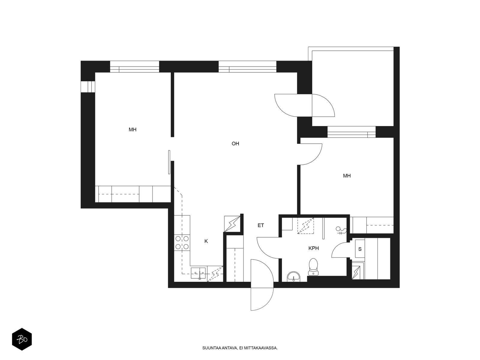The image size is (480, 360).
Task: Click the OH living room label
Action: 235,144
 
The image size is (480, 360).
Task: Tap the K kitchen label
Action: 206,241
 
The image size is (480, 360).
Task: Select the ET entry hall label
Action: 261,225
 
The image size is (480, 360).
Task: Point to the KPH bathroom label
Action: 313,248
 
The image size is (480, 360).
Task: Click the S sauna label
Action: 360,249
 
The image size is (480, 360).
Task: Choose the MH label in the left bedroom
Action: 133,130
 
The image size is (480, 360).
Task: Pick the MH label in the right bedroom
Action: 347,176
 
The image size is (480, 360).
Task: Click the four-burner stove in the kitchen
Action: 182,243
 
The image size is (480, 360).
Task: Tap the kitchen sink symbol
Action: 198,273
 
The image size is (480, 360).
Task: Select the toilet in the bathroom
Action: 313,267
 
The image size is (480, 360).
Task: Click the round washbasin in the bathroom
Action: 294,277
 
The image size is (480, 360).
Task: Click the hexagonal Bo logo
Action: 22,339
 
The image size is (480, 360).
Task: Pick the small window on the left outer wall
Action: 88,87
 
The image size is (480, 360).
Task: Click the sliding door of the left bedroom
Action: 169,162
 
